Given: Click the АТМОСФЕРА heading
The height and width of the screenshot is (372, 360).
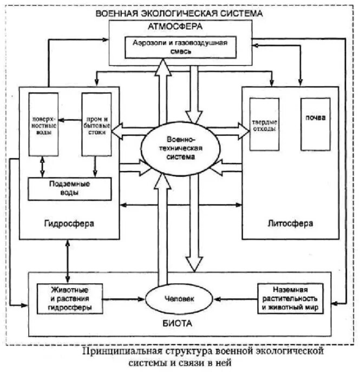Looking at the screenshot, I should pyautogui.click(x=181, y=26).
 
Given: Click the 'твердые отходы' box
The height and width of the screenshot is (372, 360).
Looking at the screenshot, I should pyautogui.click(x=264, y=124).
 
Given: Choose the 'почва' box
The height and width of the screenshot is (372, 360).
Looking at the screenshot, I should pyautogui.click(x=313, y=118).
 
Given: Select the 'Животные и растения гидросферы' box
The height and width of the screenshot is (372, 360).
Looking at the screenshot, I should pyautogui.click(x=70, y=298).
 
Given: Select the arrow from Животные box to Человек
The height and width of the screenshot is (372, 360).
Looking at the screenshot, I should pyautogui.click(x=125, y=298).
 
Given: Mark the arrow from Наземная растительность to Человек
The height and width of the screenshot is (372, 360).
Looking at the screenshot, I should pyautogui.click(x=233, y=298).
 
